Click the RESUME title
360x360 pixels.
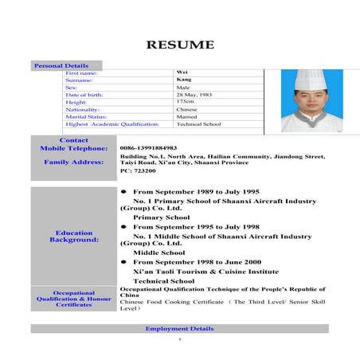(179, 44)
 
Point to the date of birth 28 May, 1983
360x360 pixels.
(193, 95)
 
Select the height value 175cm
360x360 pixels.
(185, 102)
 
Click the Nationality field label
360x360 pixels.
(84, 109)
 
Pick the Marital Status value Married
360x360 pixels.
(187, 116)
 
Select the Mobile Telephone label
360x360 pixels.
(73, 148)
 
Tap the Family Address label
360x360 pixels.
(73, 162)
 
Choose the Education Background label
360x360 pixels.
(73, 237)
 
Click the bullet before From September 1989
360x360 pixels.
(123, 192)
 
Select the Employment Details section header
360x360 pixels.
(179, 328)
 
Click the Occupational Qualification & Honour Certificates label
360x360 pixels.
(73, 299)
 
